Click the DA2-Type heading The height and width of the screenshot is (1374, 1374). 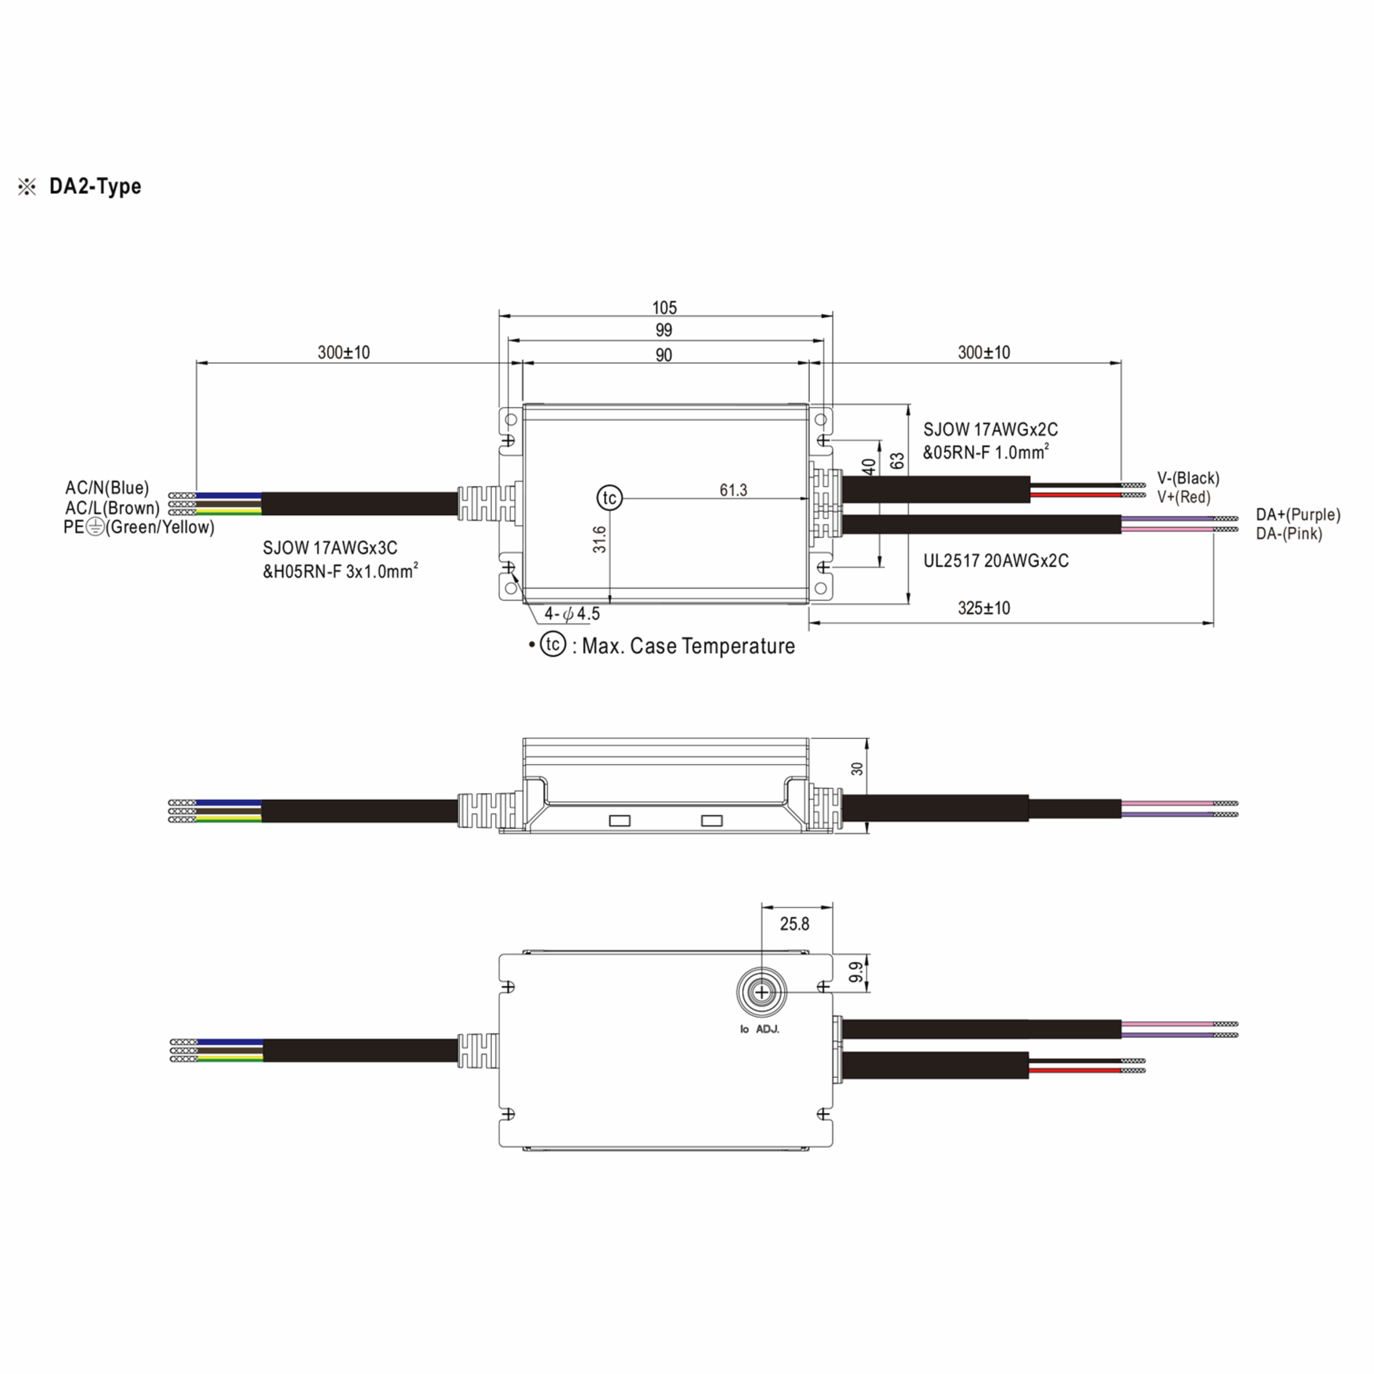pyautogui.click(x=94, y=186)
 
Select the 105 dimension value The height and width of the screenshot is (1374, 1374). pyautogui.click(x=664, y=308)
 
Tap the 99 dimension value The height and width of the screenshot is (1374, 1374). pyautogui.click(x=664, y=330)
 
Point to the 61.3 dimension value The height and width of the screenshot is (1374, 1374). pyautogui.click(x=733, y=490)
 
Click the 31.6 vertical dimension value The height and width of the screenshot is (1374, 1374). pyautogui.click(x=599, y=539)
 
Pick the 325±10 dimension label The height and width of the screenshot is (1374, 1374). pyautogui.click(x=984, y=608)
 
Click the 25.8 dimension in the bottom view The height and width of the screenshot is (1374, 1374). pyautogui.click(x=795, y=924)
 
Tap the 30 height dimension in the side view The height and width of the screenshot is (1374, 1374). pyautogui.click(x=857, y=769)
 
